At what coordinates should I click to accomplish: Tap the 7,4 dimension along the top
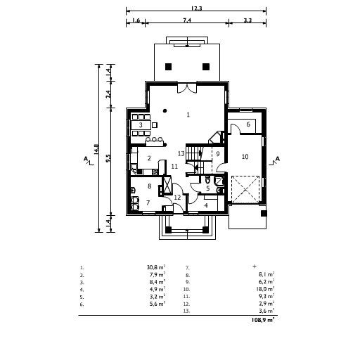pos(186,22)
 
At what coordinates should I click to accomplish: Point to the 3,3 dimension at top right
pos(247,22)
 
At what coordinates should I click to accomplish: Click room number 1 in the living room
pos(188,113)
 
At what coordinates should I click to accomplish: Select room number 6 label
pos(248,124)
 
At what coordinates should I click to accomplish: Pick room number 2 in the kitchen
pos(149,158)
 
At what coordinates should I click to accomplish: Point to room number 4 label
pos(206,205)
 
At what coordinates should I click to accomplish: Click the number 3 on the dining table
pos(141,125)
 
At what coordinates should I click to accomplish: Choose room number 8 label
pos(149,186)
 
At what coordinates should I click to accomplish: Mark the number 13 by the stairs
pos(181,153)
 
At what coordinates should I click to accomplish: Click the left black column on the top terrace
pos(168,67)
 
